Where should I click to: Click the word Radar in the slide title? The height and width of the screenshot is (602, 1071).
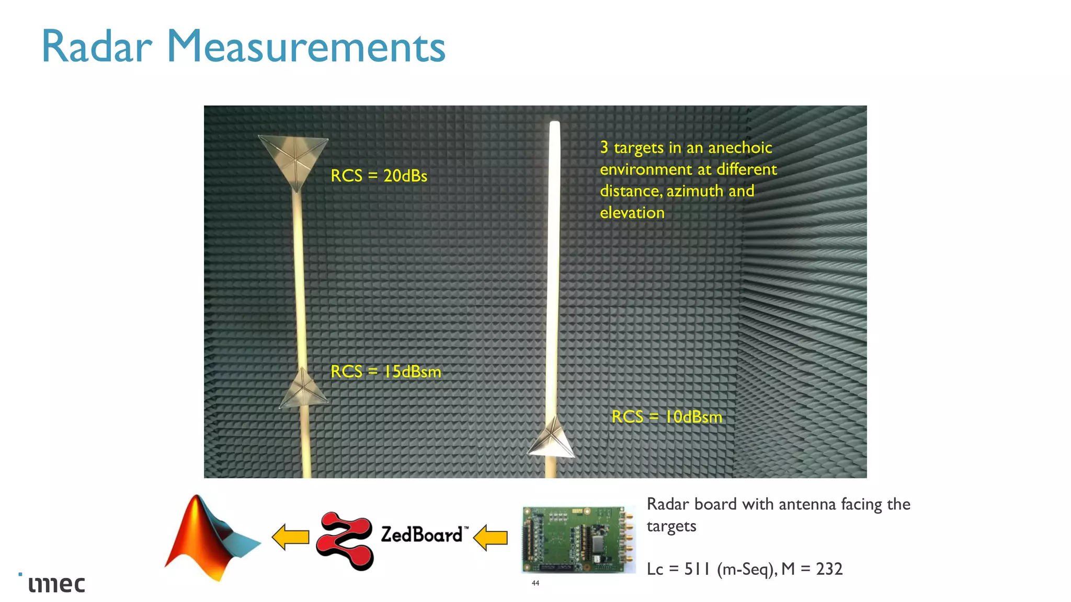coord(97,47)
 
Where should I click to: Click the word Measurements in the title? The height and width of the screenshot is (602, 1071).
coord(306,47)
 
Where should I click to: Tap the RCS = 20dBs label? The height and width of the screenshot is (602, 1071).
coord(379,176)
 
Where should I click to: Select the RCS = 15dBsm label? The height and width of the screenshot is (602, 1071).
coord(386,372)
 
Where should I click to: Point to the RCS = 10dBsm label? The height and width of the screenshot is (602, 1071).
coord(667,417)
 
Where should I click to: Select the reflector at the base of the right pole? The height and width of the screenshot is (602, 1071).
coord(552,440)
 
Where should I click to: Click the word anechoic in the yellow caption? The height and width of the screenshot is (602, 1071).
coord(739,148)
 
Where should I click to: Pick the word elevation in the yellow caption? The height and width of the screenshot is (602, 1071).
coord(632,213)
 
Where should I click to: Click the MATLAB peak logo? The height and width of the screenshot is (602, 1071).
coord(211,538)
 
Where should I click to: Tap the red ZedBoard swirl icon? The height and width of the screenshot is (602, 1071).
coord(345,540)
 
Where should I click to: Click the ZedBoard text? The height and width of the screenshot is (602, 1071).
coord(421,535)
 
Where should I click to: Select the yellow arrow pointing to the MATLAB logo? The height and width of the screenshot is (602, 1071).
coord(291,537)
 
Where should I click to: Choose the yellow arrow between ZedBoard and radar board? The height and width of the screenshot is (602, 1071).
coord(491,538)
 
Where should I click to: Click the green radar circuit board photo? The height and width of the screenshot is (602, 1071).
coord(578,539)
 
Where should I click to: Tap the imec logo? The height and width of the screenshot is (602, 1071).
coord(56,584)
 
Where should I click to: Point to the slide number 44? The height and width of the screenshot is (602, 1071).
coord(535,583)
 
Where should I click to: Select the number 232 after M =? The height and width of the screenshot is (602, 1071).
coord(829,569)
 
